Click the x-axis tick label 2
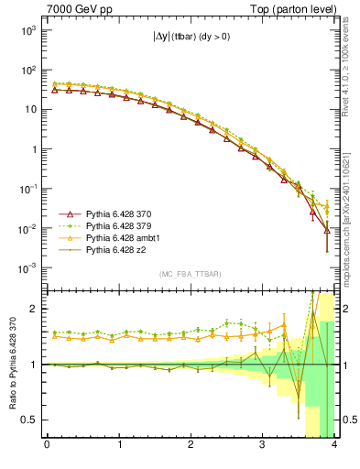(x=191, y=446)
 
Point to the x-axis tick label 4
(x=334, y=446)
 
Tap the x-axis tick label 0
(x=47, y=446)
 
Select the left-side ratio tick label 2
(x=34, y=309)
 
